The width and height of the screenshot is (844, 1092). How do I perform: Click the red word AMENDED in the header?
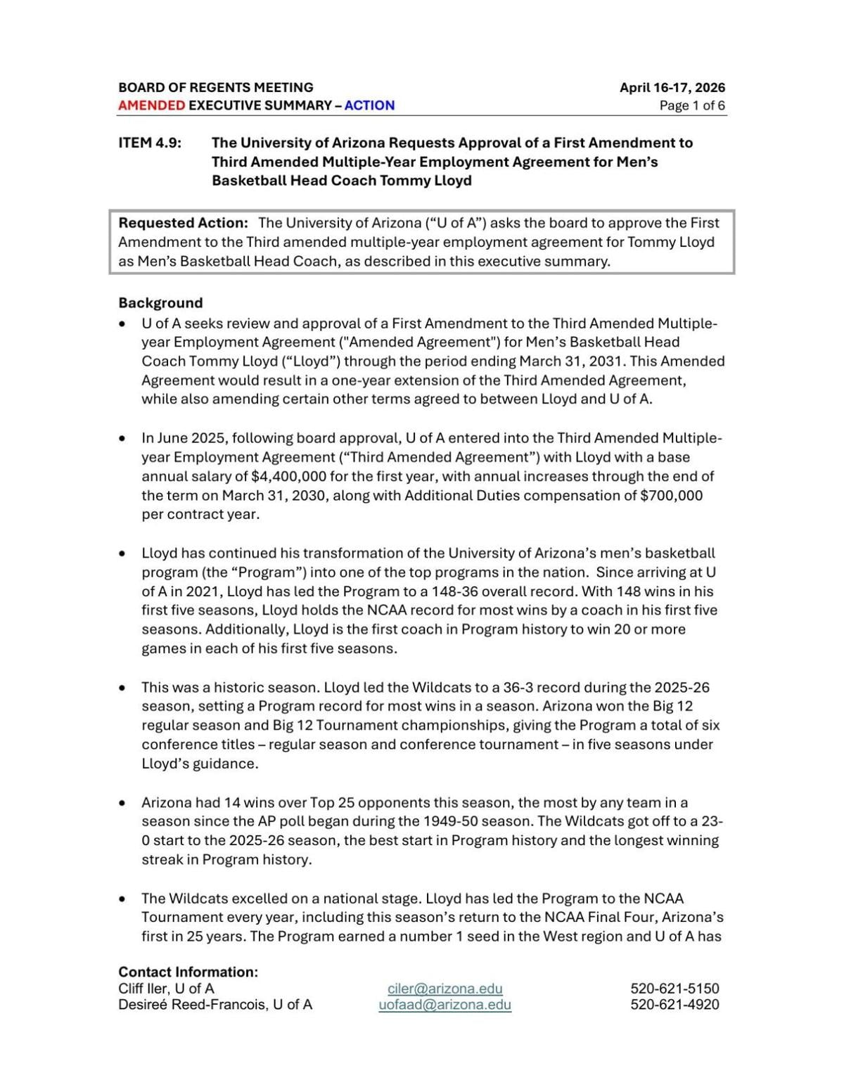pyautogui.click(x=151, y=105)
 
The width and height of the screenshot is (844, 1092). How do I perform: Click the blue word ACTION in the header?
pyautogui.click(x=369, y=105)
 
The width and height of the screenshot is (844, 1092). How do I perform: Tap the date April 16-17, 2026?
pyautogui.click(x=672, y=88)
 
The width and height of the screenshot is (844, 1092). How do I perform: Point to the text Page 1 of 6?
pyautogui.click(x=692, y=105)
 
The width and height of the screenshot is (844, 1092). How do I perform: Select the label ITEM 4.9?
pyautogui.click(x=150, y=143)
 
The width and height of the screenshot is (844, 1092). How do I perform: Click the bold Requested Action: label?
pyautogui.click(x=183, y=223)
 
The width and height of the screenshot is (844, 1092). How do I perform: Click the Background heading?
pyautogui.click(x=160, y=303)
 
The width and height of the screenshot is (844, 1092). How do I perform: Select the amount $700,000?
pyautogui.click(x=671, y=495)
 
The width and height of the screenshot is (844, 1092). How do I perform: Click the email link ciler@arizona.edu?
pyautogui.click(x=445, y=989)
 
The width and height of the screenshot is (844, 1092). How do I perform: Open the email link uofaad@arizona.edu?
pyautogui.click(x=445, y=1005)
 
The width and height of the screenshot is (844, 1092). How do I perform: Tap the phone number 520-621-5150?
pyautogui.click(x=674, y=989)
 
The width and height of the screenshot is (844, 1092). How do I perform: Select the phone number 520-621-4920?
pyautogui.click(x=674, y=1005)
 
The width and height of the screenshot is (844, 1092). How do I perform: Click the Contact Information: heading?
pyautogui.click(x=188, y=972)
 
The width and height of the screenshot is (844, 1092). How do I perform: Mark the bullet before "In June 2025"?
pyautogui.click(x=123, y=439)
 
